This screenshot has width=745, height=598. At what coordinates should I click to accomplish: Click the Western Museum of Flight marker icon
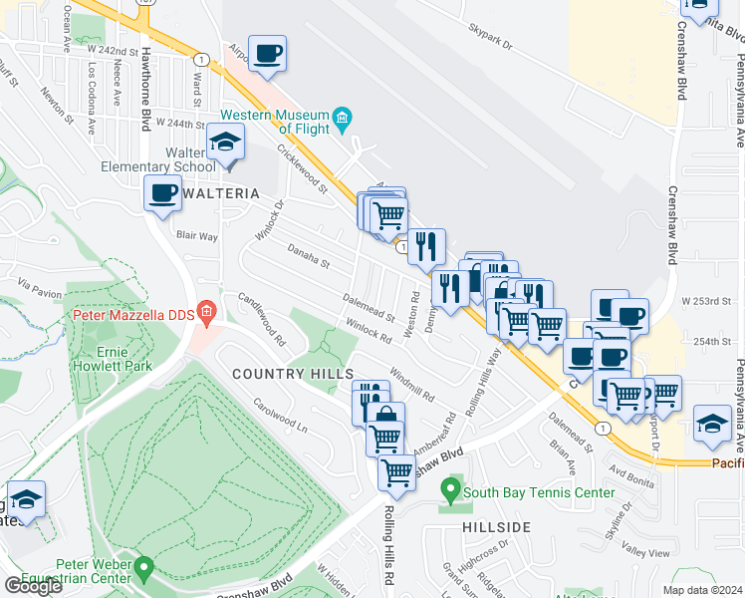coord(342,121)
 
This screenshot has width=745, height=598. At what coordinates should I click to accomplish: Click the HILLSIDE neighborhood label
coord(495,526)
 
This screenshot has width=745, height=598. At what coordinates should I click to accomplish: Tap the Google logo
coord(33,585)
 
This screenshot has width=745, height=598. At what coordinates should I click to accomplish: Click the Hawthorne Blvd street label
coord(145,90)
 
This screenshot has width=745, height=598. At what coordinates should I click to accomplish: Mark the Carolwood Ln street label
coord(280,418)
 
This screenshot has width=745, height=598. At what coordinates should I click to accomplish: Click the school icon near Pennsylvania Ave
coord(712,424)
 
